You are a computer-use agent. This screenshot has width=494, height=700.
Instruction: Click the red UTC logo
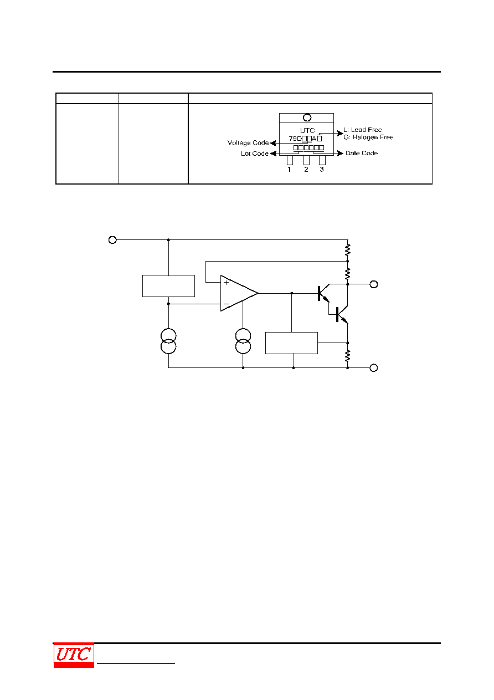tap(74, 655)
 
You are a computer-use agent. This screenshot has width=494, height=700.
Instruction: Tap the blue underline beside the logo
tap(136, 663)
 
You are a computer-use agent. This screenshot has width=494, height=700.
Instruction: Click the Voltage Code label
tap(248, 143)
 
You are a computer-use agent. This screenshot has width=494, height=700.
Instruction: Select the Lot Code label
tap(255, 154)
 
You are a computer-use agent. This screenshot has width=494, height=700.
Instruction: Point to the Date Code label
tap(361, 153)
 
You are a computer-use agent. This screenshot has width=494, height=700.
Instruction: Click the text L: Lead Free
tap(362, 130)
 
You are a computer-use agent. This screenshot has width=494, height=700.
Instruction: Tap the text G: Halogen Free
tap(368, 137)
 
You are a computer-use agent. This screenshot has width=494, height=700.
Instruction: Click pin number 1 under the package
tap(289, 170)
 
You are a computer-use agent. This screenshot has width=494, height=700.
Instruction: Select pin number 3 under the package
tap(322, 170)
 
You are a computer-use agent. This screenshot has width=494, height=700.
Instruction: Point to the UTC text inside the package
tap(307, 130)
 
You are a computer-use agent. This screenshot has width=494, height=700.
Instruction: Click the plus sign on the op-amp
tap(226, 283)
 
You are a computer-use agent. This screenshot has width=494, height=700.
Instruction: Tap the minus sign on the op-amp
tap(226, 304)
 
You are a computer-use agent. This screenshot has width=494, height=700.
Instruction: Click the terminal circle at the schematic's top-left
tap(112, 239)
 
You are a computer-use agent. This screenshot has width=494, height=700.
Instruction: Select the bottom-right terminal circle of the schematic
tap(373, 367)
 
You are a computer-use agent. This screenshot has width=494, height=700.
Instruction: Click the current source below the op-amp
tap(243, 341)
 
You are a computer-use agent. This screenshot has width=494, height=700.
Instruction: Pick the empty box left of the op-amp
tap(168, 286)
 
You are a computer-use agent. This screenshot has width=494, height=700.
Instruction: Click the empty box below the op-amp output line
tap(291, 343)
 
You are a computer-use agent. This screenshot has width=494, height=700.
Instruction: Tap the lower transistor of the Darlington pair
tap(341, 314)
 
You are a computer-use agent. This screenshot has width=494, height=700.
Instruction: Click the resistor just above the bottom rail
tap(348, 356)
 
